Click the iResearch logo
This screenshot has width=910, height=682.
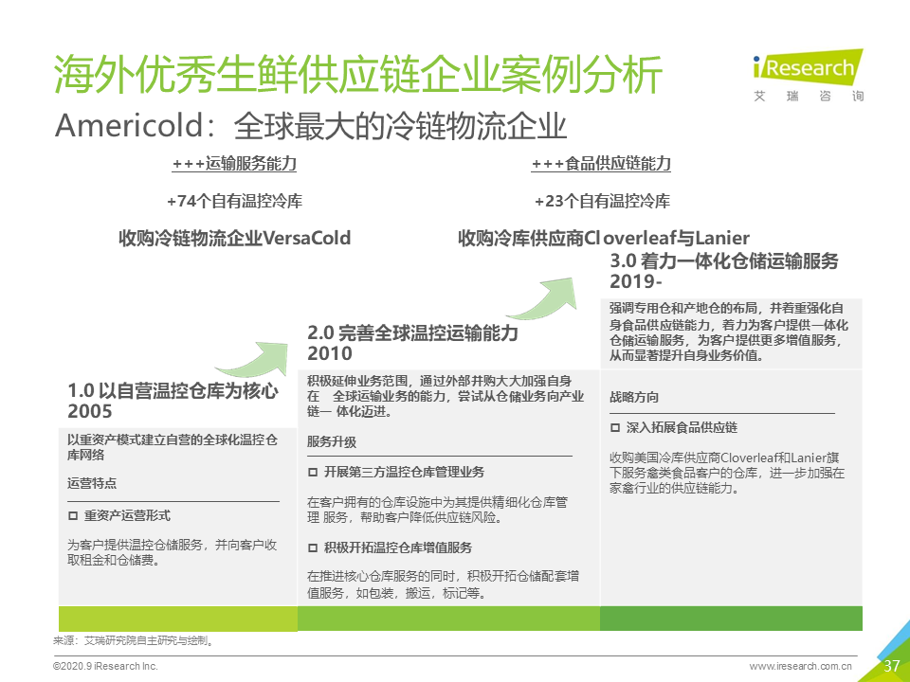coord(808,76)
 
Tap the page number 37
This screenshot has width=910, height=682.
coord(891,665)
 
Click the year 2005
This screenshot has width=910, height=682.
coord(90,411)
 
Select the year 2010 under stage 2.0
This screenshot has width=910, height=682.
coord(330,353)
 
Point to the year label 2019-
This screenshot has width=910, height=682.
coord(636,281)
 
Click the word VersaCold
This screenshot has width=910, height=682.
coord(307,238)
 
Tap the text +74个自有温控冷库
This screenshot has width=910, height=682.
coord(234,201)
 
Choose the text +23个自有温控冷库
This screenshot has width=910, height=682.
coord(603,201)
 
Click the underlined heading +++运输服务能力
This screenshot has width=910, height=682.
coord(234,164)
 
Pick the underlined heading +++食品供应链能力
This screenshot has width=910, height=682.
coord(601,164)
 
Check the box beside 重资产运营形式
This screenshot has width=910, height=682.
coord(73,515)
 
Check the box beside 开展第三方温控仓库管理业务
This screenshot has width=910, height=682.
coord(313,472)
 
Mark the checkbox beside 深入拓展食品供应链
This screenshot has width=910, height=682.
coord(615,428)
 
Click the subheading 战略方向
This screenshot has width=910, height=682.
coord(634,397)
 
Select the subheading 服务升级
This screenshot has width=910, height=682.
coord(332,442)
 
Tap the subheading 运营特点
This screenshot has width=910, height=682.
coord(92,483)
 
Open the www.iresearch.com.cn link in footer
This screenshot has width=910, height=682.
coord(800,666)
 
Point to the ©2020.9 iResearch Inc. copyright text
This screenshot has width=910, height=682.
coord(105,666)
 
